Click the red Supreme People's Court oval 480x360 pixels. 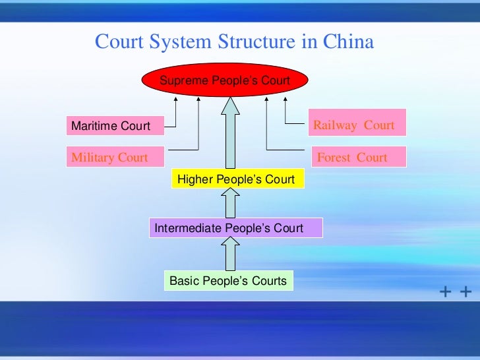(x=225, y=80)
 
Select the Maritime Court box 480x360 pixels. (x=115, y=125)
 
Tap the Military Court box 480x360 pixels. (x=115, y=158)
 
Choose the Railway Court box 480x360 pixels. (x=355, y=125)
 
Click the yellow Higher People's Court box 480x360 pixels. (x=236, y=179)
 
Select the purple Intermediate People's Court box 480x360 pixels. (x=236, y=228)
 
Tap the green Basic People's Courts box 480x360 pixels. (x=228, y=281)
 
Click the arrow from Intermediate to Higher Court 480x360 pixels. (x=229, y=203)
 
